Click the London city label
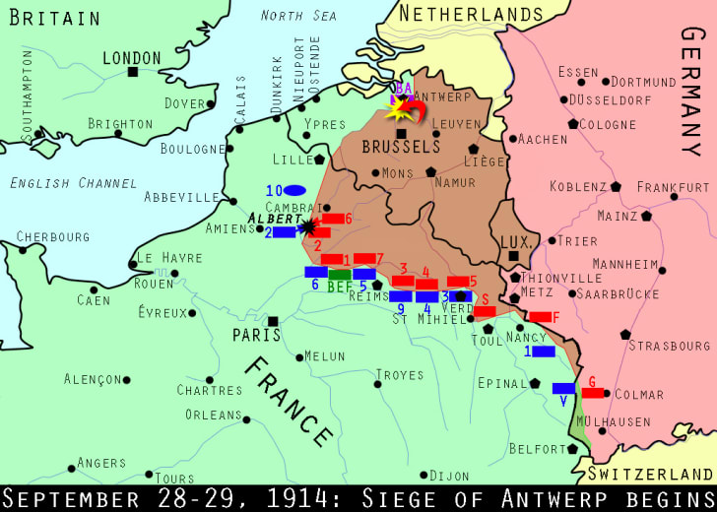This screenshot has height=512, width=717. [x=131, y=58]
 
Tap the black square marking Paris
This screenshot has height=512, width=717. [x=273, y=321]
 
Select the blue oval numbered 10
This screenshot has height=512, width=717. [x=294, y=190]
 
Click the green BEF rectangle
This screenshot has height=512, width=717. [x=340, y=275]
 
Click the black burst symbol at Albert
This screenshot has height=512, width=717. [x=309, y=227]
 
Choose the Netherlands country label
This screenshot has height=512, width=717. [x=471, y=14]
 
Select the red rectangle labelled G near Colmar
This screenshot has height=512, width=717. [x=593, y=393]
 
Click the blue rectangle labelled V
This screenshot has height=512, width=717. [x=563, y=388]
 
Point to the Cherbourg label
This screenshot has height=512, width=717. [x=52, y=236]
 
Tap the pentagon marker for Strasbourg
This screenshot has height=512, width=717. [x=626, y=334]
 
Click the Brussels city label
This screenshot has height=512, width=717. [x=401, y=147]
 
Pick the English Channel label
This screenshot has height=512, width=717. [x=73, y=183]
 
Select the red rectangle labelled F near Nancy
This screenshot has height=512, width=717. [x=542, y=317]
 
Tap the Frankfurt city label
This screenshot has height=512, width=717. [x=673, y=186]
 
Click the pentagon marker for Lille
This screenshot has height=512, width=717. [x=319, y=159]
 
